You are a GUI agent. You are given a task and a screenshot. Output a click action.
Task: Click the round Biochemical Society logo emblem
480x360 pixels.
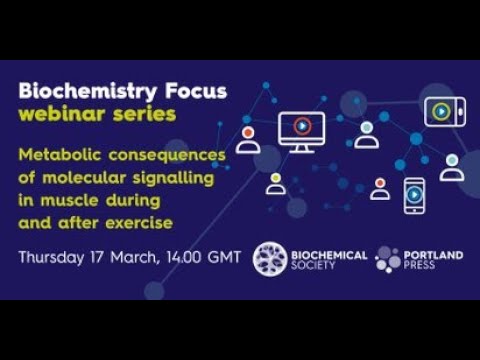(x=270, y=257)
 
